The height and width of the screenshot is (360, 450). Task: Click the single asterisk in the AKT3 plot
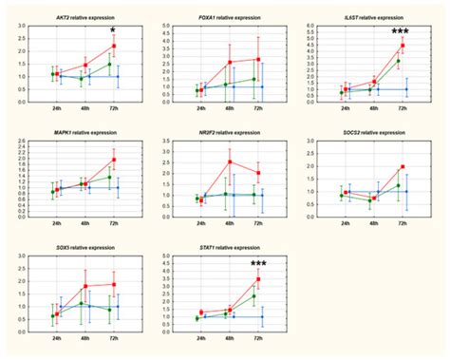click(112, 30)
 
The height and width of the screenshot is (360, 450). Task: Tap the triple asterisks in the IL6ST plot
click(401, 31)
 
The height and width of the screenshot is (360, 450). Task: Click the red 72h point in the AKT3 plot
click(114, 46)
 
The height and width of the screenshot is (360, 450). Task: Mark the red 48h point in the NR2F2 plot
click(229, 161)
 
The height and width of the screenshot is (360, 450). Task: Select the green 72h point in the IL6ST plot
click(398, 61)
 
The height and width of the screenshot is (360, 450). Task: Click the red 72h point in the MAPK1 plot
click(114, 160)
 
